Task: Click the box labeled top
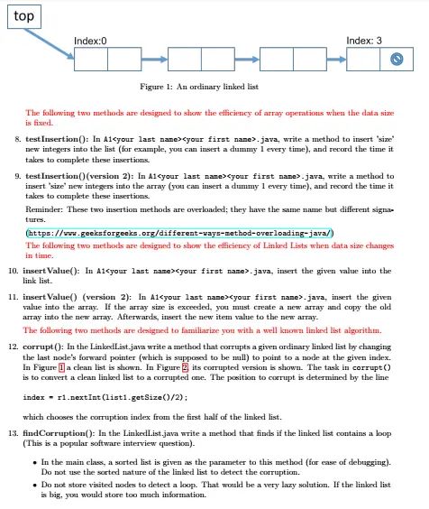(x=24, y=16)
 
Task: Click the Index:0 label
(x=90, y=41)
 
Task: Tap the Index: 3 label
(x=364, y=41)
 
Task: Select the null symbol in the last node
(x=397, y=59)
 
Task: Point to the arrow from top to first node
(x=50, y=44)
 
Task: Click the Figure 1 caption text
(x=199, y=87)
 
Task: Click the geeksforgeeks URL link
(x=179, y=233)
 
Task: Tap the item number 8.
(x=17, y=139)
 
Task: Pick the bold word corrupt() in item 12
(x=43, y=347)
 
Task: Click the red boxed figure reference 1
(x=61, y=367)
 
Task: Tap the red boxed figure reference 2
(x=185, y=367)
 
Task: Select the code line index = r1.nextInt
(x=105, y=397)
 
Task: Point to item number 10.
(x=14, y=271)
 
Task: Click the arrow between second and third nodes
(x=247, y=59)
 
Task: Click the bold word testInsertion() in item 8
(x=57, y=139)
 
